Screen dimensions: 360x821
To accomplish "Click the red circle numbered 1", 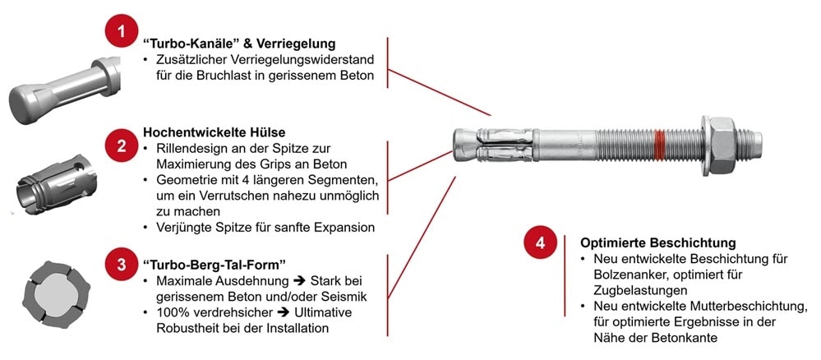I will [121, 32].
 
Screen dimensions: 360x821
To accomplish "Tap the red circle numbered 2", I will [121, 145].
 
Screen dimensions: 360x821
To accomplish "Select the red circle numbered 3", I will [121, 264].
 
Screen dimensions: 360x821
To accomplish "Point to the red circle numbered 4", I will [539, 243].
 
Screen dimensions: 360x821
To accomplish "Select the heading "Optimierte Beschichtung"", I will [657, 243].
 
